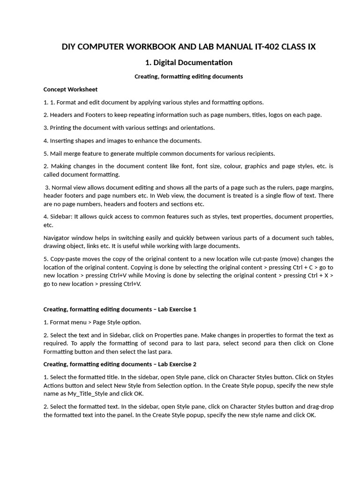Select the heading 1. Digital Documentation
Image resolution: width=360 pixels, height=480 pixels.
189,62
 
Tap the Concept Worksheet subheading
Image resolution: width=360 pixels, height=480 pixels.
70,89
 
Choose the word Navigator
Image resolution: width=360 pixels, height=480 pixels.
60,238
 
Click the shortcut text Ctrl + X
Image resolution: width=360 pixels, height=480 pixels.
319,276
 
